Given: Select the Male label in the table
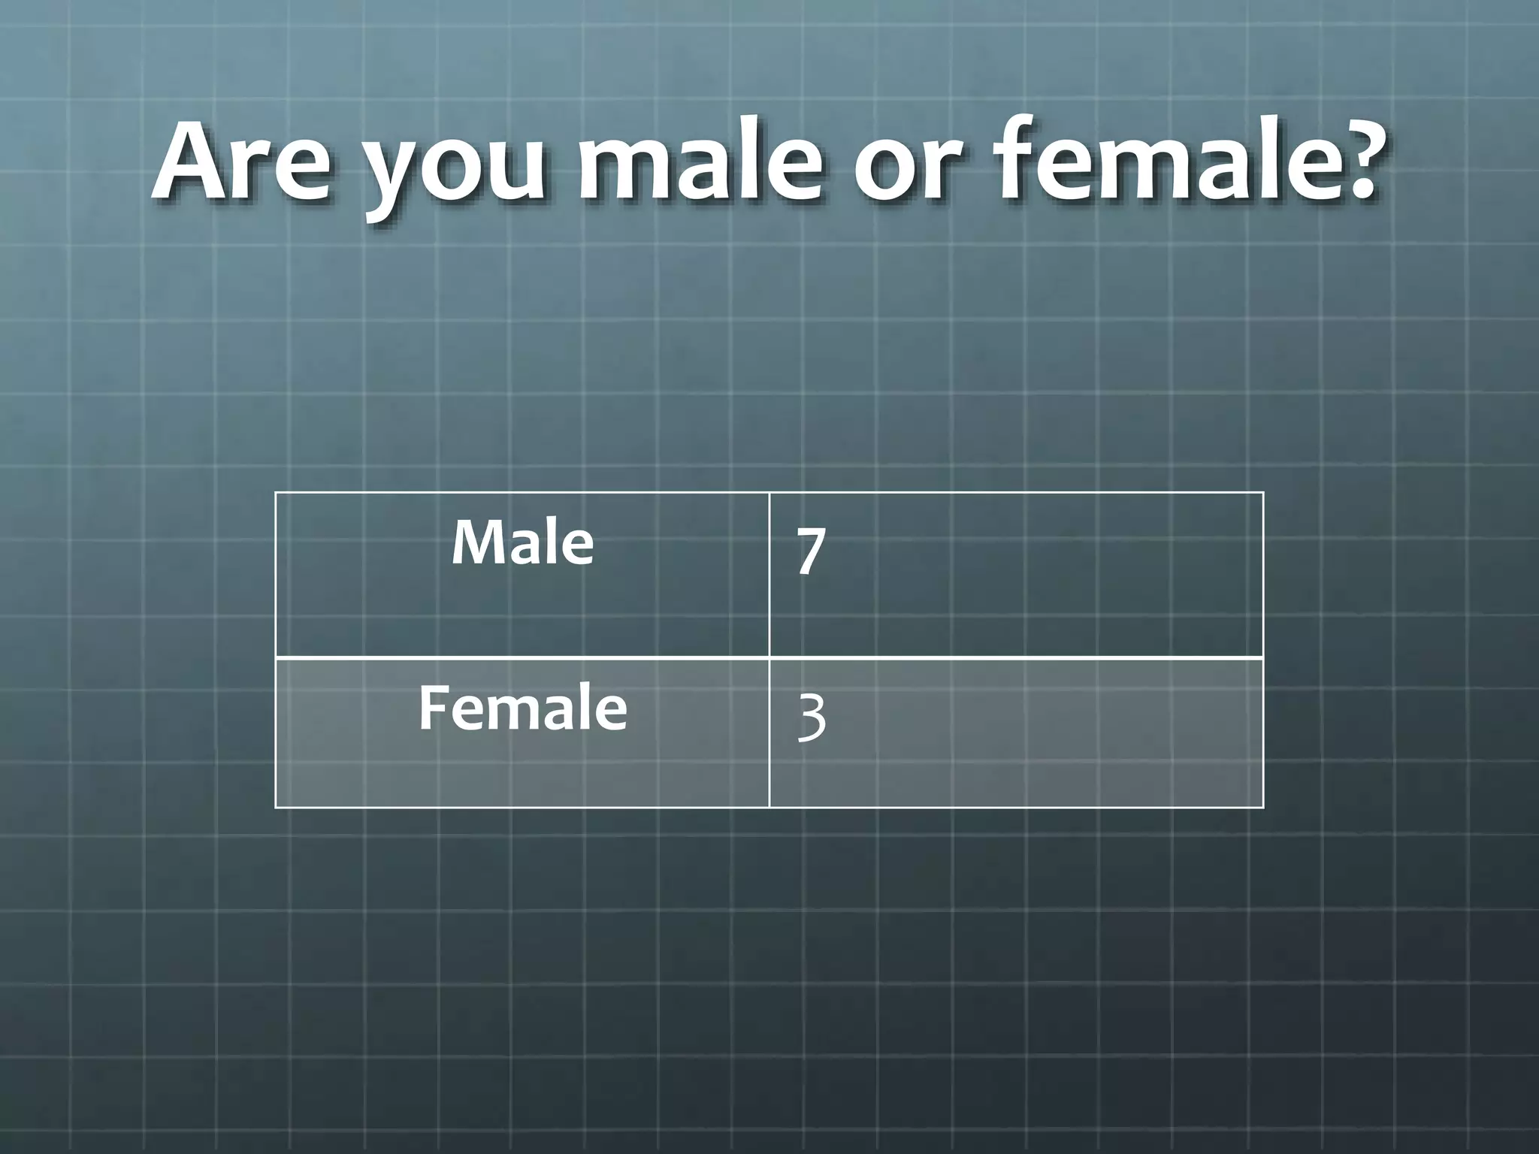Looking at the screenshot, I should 522,542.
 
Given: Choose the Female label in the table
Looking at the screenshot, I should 522,708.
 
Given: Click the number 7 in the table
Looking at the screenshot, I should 811,551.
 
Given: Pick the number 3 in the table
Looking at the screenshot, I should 812,717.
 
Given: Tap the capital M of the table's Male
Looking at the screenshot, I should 475,542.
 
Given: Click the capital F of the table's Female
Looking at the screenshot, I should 431,708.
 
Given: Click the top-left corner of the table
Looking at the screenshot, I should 276,493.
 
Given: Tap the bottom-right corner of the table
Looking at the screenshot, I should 1263,808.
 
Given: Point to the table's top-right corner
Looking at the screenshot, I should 1263,493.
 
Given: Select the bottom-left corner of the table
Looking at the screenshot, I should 276,808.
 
